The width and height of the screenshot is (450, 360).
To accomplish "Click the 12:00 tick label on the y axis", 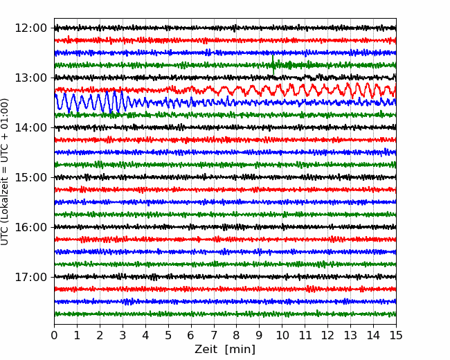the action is coord(30,28).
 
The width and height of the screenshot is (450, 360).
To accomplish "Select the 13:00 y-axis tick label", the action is coord(30,78).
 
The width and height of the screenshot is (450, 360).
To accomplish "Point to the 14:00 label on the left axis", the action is coord(30,127).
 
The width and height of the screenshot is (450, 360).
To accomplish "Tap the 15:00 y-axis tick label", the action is coord(30,177).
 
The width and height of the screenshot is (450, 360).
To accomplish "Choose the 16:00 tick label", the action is coord(30,227).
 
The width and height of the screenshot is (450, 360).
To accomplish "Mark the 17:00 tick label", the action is coord(30,277).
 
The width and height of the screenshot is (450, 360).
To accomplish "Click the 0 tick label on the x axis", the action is coord(54,335).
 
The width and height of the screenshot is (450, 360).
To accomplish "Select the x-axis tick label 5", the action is coord(168,335).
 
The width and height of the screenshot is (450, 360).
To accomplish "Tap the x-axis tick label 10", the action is coord(282,335).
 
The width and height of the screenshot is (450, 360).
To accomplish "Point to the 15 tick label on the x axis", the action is coord(396,335).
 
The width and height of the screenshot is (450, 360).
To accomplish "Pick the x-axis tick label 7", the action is coord(214,335).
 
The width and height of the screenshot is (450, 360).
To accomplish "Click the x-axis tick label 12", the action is coord(327,335).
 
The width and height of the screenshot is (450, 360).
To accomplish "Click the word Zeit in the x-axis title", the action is coord(207,349).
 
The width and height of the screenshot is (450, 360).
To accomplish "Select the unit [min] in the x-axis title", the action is coord(240,350).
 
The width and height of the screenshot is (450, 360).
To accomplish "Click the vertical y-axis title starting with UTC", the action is coord(4,172).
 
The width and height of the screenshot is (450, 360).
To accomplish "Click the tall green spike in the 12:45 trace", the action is coord(273,64).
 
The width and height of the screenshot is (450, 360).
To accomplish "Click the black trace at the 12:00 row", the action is coord(225,28).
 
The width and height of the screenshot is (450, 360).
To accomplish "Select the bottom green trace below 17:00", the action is coord(225,314).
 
